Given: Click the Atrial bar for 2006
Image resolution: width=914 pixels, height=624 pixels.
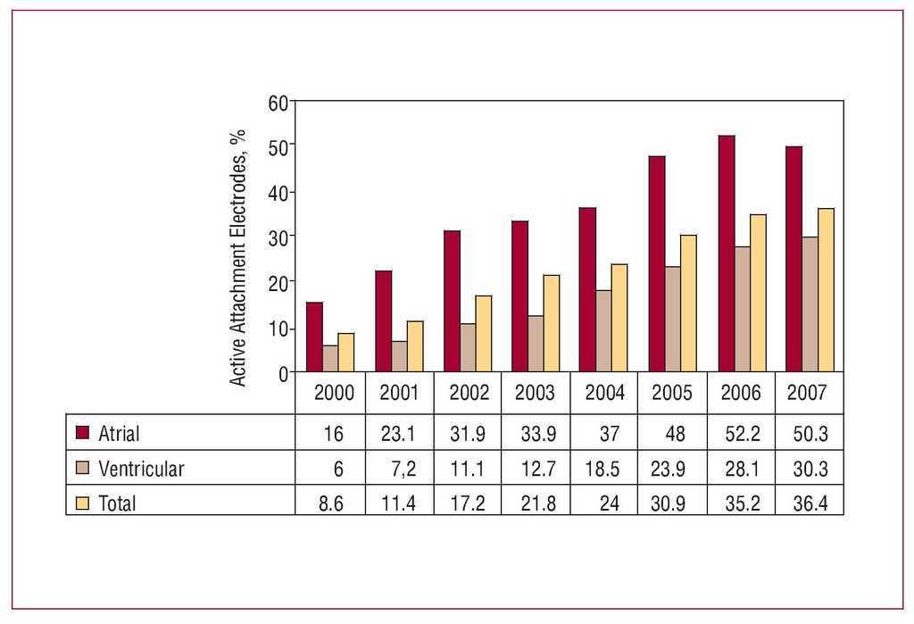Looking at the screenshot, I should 726,254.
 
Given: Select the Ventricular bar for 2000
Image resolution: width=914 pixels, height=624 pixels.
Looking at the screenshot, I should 330,358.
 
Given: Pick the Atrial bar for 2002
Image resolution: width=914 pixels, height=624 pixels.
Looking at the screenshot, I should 452,301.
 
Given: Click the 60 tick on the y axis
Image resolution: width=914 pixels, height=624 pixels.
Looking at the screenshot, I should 278,102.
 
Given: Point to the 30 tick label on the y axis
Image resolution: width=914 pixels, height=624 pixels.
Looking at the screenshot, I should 278,237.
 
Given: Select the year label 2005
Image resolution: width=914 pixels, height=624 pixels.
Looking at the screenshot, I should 671,393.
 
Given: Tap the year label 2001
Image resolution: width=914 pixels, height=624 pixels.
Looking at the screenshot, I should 399,393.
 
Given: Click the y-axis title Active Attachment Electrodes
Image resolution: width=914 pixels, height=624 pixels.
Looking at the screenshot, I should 238,257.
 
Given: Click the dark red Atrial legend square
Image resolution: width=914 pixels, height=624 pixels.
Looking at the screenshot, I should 83,434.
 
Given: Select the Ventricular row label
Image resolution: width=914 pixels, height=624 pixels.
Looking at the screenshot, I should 141,469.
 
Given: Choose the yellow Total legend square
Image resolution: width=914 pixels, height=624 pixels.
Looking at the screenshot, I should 83,503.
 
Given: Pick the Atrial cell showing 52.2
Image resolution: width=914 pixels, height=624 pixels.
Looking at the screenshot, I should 741,435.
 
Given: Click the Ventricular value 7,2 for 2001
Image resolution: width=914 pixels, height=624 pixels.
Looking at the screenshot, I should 399,469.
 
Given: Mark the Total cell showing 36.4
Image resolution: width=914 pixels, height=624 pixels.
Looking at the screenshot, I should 810,503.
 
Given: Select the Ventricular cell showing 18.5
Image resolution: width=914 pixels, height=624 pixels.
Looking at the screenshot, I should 604,469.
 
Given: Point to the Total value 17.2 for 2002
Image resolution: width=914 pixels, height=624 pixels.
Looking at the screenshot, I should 468,503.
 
